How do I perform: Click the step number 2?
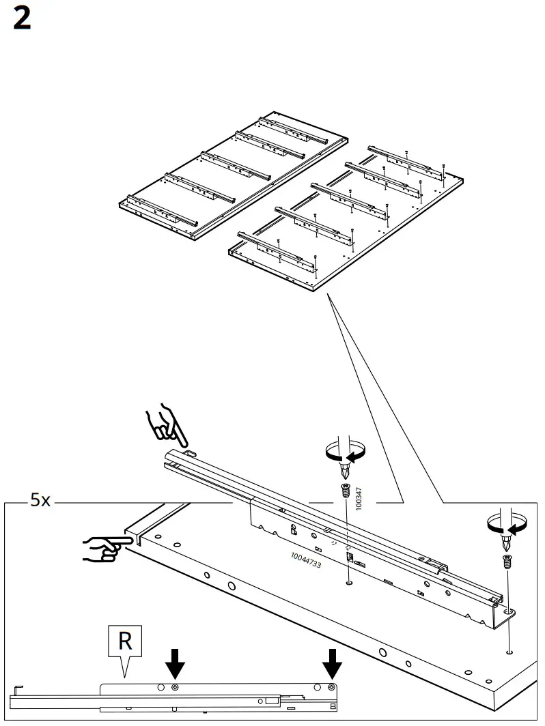click(22, 19)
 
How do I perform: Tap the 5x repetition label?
click(40, 500)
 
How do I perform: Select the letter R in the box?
click(125, 641)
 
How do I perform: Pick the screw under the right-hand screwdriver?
click(506, 562)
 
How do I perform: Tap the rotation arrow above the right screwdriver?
click(505, 523)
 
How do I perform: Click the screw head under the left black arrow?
click(176, 686)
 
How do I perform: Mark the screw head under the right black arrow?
click(332, 686)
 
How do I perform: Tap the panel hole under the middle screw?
click(348, 583)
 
